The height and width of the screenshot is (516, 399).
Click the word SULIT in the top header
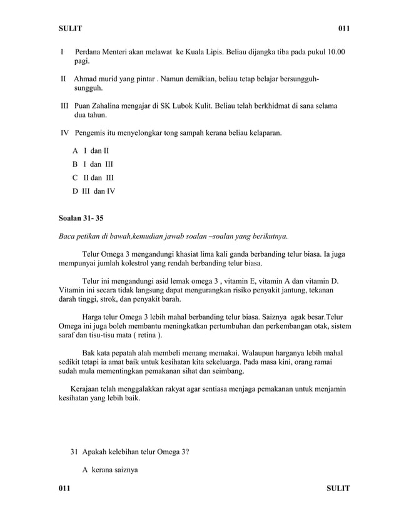point(69,29)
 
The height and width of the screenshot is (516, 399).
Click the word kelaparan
point(265,133)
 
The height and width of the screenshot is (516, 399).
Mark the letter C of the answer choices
point(75,178)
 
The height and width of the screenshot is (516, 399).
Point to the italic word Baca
point(66,236)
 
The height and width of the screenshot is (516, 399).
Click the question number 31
point(74,452)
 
